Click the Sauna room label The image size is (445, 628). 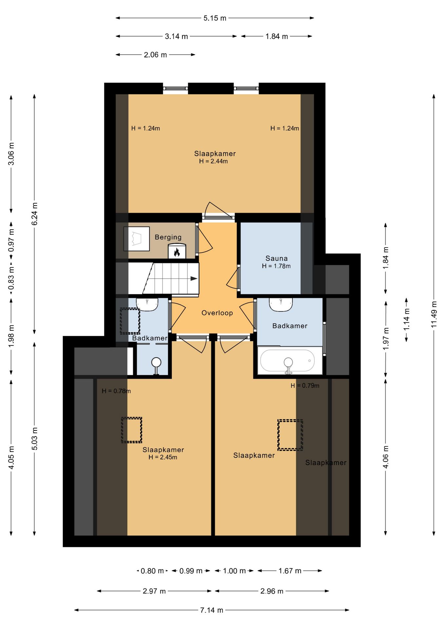[276, 258]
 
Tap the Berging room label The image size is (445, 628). [168, 237]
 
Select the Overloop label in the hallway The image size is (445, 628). [217, 313]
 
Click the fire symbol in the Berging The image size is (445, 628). [177, 252]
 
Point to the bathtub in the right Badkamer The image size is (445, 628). [287, 361]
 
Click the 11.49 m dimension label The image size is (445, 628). [434, 314]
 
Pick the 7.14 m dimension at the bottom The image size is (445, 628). [212, 610]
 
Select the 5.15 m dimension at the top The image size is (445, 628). [215, 18]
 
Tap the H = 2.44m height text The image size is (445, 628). [213, 161]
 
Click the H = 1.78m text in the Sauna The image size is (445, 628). [276, 266]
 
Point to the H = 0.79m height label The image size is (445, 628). [305, 386]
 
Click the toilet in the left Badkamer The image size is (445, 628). [156, 366]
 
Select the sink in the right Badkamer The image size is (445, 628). [281, 305]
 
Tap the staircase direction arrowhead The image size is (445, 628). [194, 279]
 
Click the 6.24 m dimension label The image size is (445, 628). [34, 214]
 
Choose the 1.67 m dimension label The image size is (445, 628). [290, 571]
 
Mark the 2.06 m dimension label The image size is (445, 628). [155, 55]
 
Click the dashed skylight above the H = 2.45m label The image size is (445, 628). [131, 430]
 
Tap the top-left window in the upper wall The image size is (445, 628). [175, 88]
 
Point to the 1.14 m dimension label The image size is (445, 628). [406, 320]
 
